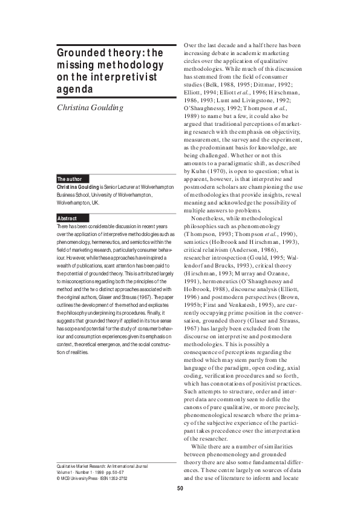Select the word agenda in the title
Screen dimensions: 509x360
click(75, 89)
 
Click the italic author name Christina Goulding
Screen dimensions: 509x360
click(90, 107)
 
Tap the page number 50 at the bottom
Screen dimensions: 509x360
click(180, 488)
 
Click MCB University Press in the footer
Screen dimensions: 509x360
click(75, 478)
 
